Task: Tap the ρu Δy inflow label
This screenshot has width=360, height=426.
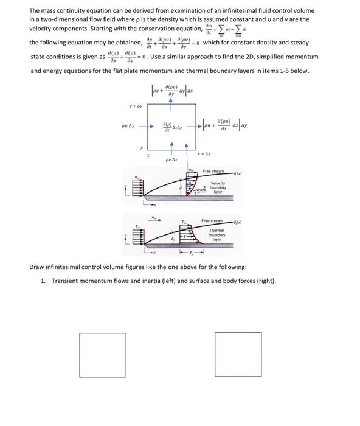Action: point(131,127)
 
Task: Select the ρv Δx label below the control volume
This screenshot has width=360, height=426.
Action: point(171,160)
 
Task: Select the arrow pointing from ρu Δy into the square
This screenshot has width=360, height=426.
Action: point(148,127)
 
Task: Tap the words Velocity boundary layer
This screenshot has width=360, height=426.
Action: point(218,187)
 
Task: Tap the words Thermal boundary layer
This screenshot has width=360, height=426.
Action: point(217,234)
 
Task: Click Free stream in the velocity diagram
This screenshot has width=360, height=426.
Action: point(213,171)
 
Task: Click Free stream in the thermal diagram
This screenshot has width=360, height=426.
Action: point(213,221)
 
